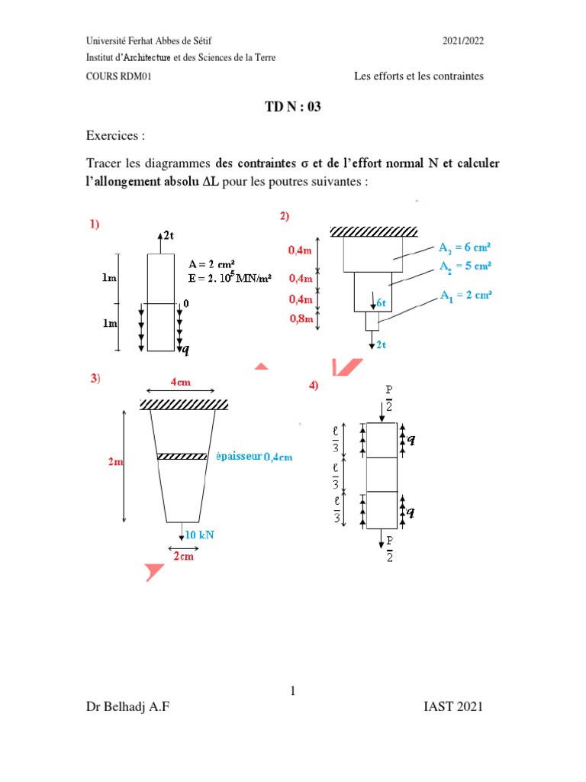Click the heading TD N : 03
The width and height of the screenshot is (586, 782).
292,107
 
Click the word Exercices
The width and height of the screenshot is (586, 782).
114,136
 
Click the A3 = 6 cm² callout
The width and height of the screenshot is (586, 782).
465,247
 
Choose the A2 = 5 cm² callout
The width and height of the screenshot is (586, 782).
465,266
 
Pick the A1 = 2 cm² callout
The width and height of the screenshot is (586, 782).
465,294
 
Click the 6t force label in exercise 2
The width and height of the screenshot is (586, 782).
381,304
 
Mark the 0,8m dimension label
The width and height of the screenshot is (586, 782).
300,319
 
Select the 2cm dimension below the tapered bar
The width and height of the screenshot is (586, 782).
183,557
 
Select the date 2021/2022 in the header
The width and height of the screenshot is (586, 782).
463,41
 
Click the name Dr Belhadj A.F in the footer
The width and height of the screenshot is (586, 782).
127,708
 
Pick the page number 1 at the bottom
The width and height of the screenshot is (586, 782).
292,692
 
